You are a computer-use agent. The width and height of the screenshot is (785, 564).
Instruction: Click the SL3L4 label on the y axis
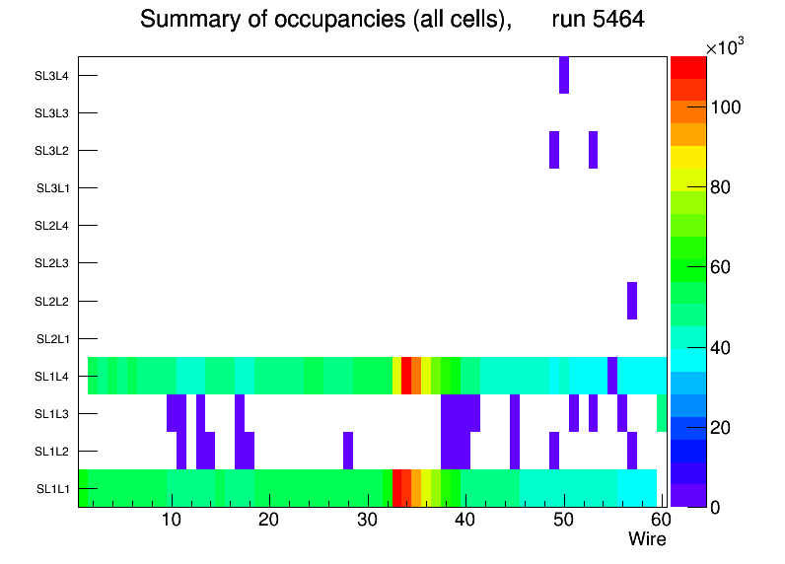pos(51,75)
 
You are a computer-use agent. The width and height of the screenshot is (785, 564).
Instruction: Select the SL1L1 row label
pos(53,489)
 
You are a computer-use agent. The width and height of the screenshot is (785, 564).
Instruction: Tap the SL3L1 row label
pos(53,188)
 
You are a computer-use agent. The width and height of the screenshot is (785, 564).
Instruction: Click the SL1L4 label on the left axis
pos(53,376)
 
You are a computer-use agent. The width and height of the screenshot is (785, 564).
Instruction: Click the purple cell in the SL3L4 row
pos(564,75)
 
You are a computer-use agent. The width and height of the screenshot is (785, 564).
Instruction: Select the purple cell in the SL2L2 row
pos(632,301)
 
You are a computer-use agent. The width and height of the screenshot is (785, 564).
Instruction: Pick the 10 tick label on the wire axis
pos(172,520)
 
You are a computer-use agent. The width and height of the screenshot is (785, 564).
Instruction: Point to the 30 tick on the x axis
pos(367,520)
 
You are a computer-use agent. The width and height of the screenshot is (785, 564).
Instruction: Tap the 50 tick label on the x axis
pos(563,520)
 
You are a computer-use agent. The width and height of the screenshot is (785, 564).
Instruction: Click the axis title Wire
pos(648,539)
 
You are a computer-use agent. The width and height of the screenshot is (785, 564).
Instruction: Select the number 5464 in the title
pos(611,20)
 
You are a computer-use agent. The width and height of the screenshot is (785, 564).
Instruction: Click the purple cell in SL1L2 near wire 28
pos(348,451)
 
